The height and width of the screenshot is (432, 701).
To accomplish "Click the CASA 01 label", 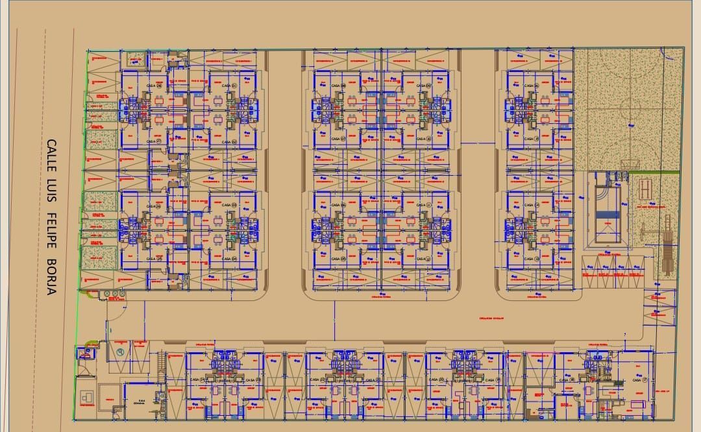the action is pos(229,85).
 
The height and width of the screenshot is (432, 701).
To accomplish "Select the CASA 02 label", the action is pos(229,141).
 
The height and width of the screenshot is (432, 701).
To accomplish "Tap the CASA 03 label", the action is pos(229,204).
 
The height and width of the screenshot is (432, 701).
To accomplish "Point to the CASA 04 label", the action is pos(229,259).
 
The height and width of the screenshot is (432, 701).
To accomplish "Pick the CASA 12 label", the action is pos(424,259).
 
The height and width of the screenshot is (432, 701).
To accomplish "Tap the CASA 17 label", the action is pos(640,380).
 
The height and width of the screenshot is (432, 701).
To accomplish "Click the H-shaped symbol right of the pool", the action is pos(645,189).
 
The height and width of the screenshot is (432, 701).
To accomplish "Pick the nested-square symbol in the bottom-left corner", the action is pos(86,396).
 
